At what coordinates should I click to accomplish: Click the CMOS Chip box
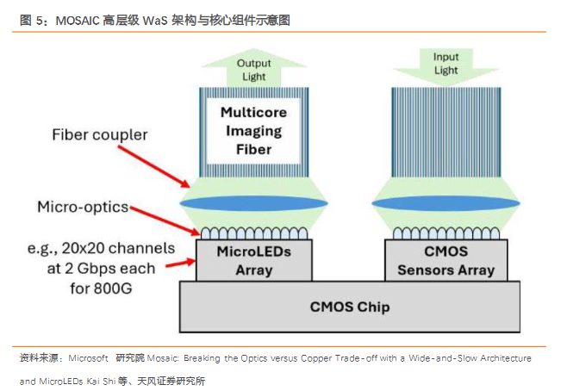coord(349,306)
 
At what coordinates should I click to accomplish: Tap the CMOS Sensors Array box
coord(445,260)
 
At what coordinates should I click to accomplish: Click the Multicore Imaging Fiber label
coord(252,131)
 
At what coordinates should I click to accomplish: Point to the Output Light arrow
coord(253,70)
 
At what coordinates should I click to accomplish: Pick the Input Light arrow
coord(445,64)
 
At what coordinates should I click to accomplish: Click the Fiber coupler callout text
coord(100,134)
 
